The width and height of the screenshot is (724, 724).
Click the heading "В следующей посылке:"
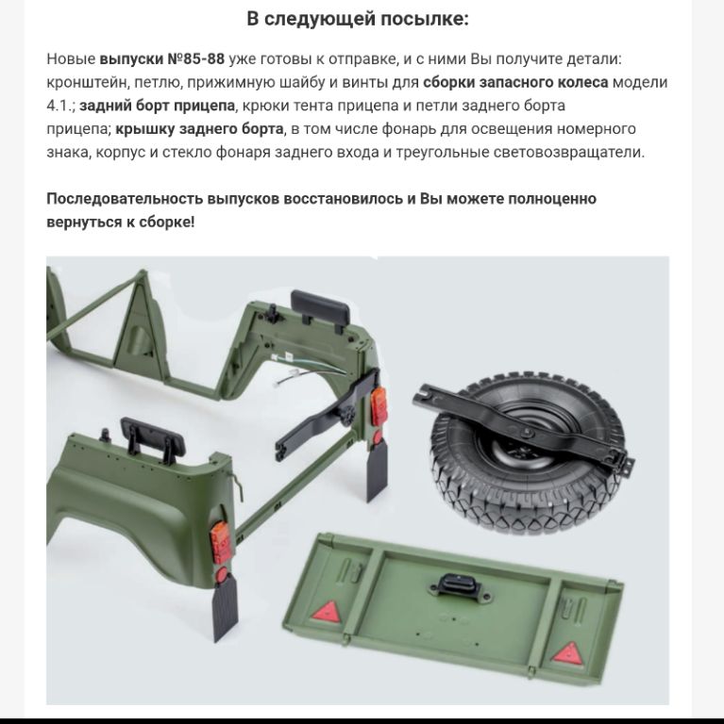358,20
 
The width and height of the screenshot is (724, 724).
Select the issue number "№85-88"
195,59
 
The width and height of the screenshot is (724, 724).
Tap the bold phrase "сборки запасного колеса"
515,82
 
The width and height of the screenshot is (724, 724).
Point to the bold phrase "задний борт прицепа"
158,106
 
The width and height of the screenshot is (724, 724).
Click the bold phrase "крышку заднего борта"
199,129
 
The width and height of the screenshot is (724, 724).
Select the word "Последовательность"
125,199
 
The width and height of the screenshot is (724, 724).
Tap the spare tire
527,454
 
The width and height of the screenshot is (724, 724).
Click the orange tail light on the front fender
221,543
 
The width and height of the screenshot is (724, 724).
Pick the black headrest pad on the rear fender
320,304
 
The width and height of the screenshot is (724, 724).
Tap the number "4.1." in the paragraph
60,106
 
